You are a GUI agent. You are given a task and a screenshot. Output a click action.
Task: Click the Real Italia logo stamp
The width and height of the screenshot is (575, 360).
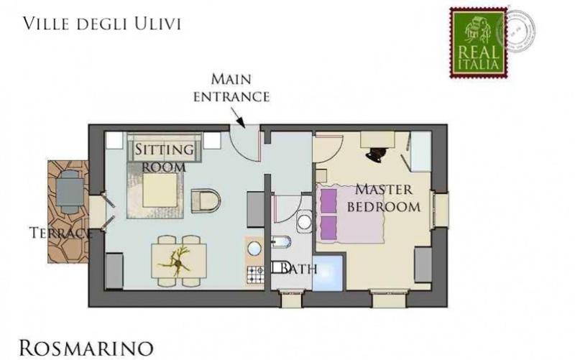tap(479, 43)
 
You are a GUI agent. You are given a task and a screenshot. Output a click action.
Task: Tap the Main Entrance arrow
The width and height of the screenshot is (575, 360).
tap(238, 118)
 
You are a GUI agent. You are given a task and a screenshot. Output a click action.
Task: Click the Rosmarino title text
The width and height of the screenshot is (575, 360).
tap(86, 349)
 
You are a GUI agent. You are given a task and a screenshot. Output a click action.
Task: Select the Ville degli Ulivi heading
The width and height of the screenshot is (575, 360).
tap(102, 24)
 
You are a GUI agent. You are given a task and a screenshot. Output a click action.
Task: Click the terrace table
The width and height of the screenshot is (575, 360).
tap(69, 193)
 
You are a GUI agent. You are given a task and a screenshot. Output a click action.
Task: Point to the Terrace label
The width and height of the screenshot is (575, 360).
tap(60, 233)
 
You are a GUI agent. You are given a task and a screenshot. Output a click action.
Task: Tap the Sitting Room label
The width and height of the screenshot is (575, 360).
tap(164, 157)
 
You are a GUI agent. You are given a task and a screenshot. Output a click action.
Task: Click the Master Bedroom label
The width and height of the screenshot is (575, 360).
tap(384, 198)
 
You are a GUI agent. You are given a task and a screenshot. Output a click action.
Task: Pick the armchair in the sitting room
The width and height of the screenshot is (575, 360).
tap(206, 201)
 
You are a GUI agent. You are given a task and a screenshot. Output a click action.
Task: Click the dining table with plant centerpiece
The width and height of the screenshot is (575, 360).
tap(179, 261)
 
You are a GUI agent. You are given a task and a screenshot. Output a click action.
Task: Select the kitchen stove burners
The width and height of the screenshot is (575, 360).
tap(255, 274)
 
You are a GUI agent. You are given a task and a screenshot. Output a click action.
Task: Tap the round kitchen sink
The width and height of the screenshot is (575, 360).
tap(254, 248)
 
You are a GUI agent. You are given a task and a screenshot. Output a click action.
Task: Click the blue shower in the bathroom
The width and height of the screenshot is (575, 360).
tap(328, 274)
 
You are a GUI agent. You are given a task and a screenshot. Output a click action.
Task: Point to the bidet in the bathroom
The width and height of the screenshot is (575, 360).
tap(281, 242)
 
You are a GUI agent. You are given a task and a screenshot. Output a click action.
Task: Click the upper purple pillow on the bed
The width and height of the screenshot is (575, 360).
tap(328, 201)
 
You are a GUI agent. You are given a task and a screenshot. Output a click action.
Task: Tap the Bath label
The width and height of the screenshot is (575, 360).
tap(294, 269)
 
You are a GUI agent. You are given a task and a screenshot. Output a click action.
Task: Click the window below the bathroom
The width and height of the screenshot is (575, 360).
tap(291, 298)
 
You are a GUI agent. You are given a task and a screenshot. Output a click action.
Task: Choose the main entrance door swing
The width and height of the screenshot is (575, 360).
tap(245, 143)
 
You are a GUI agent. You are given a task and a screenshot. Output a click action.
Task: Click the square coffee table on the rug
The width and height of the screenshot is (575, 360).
tap(160, 190)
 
